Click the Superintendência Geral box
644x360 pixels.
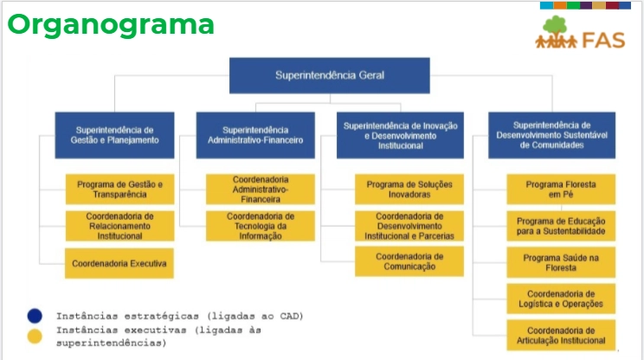click(329, 75)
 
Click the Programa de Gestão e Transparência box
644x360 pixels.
click(119, 190)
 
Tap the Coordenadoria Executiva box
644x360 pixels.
click(119, 262)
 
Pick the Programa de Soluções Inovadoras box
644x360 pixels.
click(409, 190)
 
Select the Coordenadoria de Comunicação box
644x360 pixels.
click(409, 261)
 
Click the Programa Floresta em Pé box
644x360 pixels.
click(561, 190)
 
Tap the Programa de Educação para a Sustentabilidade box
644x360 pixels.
click(561, 226)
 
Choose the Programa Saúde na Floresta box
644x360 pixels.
click(561, 262)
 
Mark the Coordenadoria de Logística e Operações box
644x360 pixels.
click(561, 299)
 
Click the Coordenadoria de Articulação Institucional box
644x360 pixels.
click(561, 335)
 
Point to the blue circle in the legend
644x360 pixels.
click(35, 315)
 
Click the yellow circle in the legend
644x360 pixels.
click(35, 336)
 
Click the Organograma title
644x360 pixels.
click(110, 23)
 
